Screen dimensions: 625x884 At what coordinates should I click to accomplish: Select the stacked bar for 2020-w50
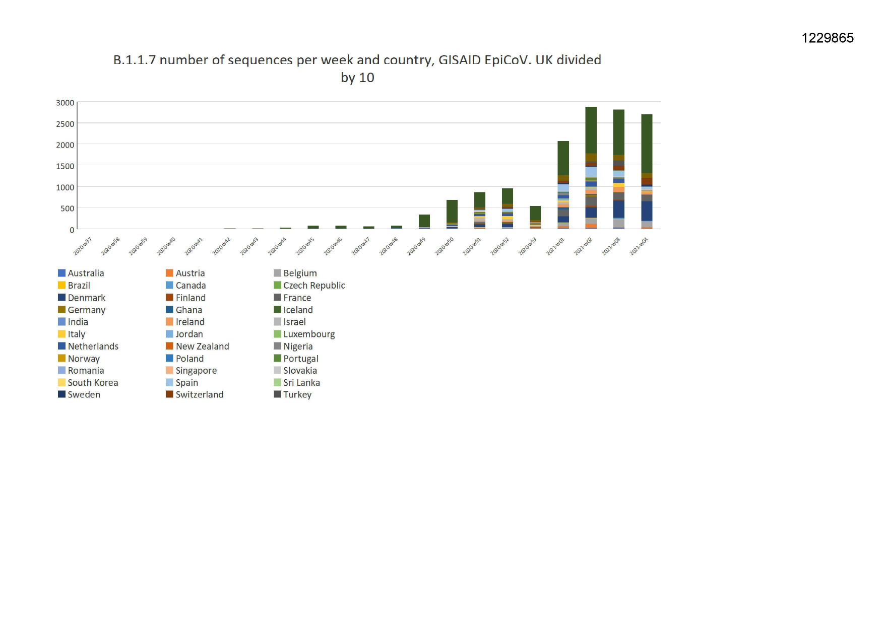[x=452, y=215]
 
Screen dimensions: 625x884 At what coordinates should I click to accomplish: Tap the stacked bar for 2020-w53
[x=535, y=217]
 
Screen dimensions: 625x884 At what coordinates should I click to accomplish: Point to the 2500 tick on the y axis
[x=65, y=124]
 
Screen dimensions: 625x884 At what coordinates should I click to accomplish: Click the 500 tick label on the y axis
[x=68, y=209]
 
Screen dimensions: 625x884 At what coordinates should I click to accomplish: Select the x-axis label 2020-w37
[x=83, y=246]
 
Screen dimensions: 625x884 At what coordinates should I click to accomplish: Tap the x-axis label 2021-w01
[x=555, y=246]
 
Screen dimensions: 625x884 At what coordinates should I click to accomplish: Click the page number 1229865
[x=828, y=38]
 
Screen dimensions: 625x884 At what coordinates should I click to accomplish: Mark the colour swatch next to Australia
[x=61, y=273]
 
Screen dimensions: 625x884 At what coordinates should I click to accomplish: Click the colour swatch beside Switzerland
[x=169, y=394]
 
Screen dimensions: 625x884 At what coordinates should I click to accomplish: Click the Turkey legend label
[x=297, y=395]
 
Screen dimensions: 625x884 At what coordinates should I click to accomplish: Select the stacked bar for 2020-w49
[x=424, y=222]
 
